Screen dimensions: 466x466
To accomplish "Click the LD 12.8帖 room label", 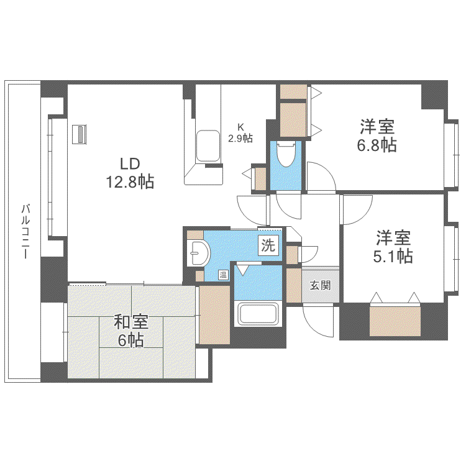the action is click(130, 173).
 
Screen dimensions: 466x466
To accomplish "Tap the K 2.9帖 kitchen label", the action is click(240, 133).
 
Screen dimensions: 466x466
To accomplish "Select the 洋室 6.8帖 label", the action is click(377, 135).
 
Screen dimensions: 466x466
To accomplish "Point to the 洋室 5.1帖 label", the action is click(393, 247).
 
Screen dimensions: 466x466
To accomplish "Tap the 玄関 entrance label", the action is click(320, 285).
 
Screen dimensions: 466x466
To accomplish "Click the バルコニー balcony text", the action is click(25, 231).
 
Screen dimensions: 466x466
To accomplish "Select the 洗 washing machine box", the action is click(268, 245).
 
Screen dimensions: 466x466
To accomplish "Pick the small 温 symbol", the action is click(223, 275).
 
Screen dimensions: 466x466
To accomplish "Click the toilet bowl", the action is click(286, 153).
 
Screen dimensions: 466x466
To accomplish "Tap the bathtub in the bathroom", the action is click(258, 314).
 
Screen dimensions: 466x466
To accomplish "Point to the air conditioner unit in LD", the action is click(80, 134).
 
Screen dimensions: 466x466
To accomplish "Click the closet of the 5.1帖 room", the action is click(395, 320).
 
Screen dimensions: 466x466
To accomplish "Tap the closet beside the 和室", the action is click(214, 315).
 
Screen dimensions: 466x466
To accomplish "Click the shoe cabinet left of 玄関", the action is click(294, 286).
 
